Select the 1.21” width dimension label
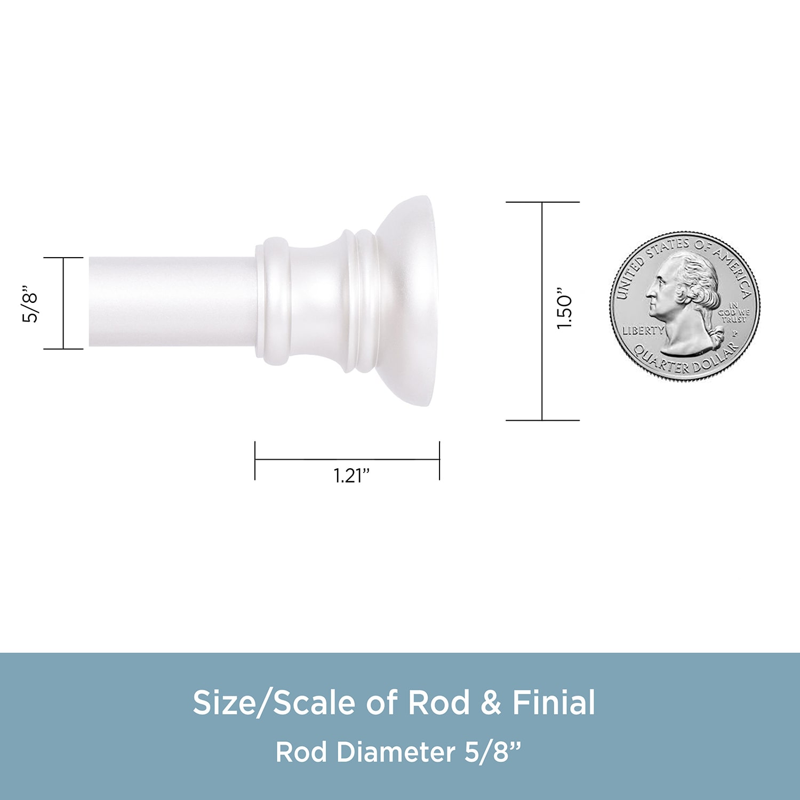tap(351, 475)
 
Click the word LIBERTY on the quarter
tap(643, 331)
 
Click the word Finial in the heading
tap(554, 702)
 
